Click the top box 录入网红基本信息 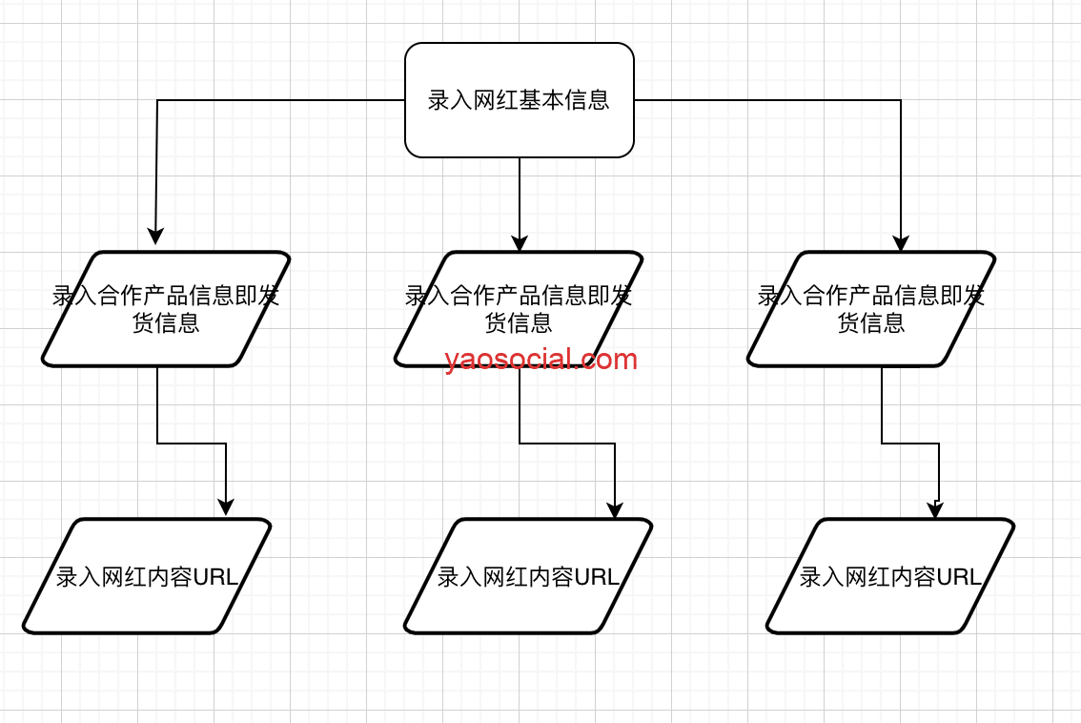(520, 100)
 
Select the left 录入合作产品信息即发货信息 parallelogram (165, 309)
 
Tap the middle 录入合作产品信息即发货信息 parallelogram (520, 307)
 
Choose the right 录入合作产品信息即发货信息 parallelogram (871, 309)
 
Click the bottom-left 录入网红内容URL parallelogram (147, 576)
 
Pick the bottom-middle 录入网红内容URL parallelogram (528, 576)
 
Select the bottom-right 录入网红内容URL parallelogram (890, 576)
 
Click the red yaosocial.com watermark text (540, 360)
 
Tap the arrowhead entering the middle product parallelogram (520, 243)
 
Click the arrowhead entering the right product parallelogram (901, 243)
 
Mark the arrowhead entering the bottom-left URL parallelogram (226, 507)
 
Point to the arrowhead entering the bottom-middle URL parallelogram (615, 510)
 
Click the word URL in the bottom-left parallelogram (215, 577)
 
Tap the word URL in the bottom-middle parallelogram (597, 577)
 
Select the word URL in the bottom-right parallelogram (959, 577)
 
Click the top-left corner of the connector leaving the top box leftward (157, 100)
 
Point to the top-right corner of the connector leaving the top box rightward (901, 100)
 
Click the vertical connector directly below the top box (520, 196)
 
